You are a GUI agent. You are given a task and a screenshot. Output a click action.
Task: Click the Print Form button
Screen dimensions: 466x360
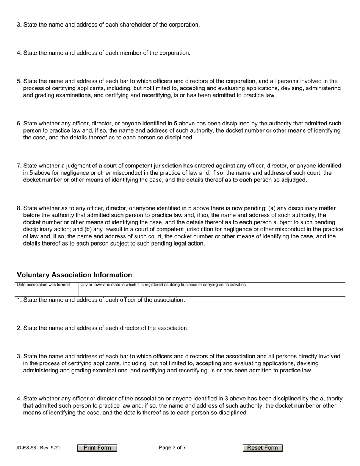point(97,448)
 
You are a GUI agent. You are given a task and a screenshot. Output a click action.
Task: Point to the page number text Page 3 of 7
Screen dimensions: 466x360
point(172,448)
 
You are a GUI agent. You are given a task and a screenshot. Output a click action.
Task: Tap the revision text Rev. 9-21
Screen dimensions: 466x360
point(50,448)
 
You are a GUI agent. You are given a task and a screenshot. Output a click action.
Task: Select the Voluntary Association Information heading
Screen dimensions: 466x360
point(75,275)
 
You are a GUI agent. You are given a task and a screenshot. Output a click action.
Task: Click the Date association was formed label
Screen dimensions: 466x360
point(43,285)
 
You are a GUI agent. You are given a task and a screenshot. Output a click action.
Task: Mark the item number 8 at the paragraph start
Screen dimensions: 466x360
point(19,208)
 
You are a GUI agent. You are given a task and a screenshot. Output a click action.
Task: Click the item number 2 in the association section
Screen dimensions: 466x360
point(19,328)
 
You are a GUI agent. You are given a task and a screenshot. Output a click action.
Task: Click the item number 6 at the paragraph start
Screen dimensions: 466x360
point(19,124)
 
